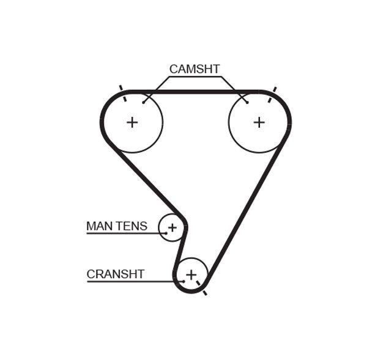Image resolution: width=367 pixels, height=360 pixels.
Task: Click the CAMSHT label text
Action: coord(194,69)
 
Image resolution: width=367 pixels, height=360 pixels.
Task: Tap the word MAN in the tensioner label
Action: coord(100,226)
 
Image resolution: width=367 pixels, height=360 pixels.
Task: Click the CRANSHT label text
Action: coord(116,274)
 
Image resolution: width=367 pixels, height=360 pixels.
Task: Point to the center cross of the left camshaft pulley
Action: coord(132,122)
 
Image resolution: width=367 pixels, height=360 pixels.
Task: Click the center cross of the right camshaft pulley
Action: coord(259,122)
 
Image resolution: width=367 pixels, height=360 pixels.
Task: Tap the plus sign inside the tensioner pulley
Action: coord(172,228)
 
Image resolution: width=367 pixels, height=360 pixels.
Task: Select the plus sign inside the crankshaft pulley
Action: coord(191,274)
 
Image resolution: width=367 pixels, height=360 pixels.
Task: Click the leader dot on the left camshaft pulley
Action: coord(144,102)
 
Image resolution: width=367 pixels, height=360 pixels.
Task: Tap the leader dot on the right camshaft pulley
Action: coord(247,102)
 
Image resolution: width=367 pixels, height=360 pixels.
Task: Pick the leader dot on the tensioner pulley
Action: coord(165,233)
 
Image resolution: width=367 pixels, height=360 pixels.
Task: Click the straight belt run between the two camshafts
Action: coord(196,91)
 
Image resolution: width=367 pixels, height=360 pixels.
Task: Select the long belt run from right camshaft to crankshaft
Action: coord(245,208)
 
